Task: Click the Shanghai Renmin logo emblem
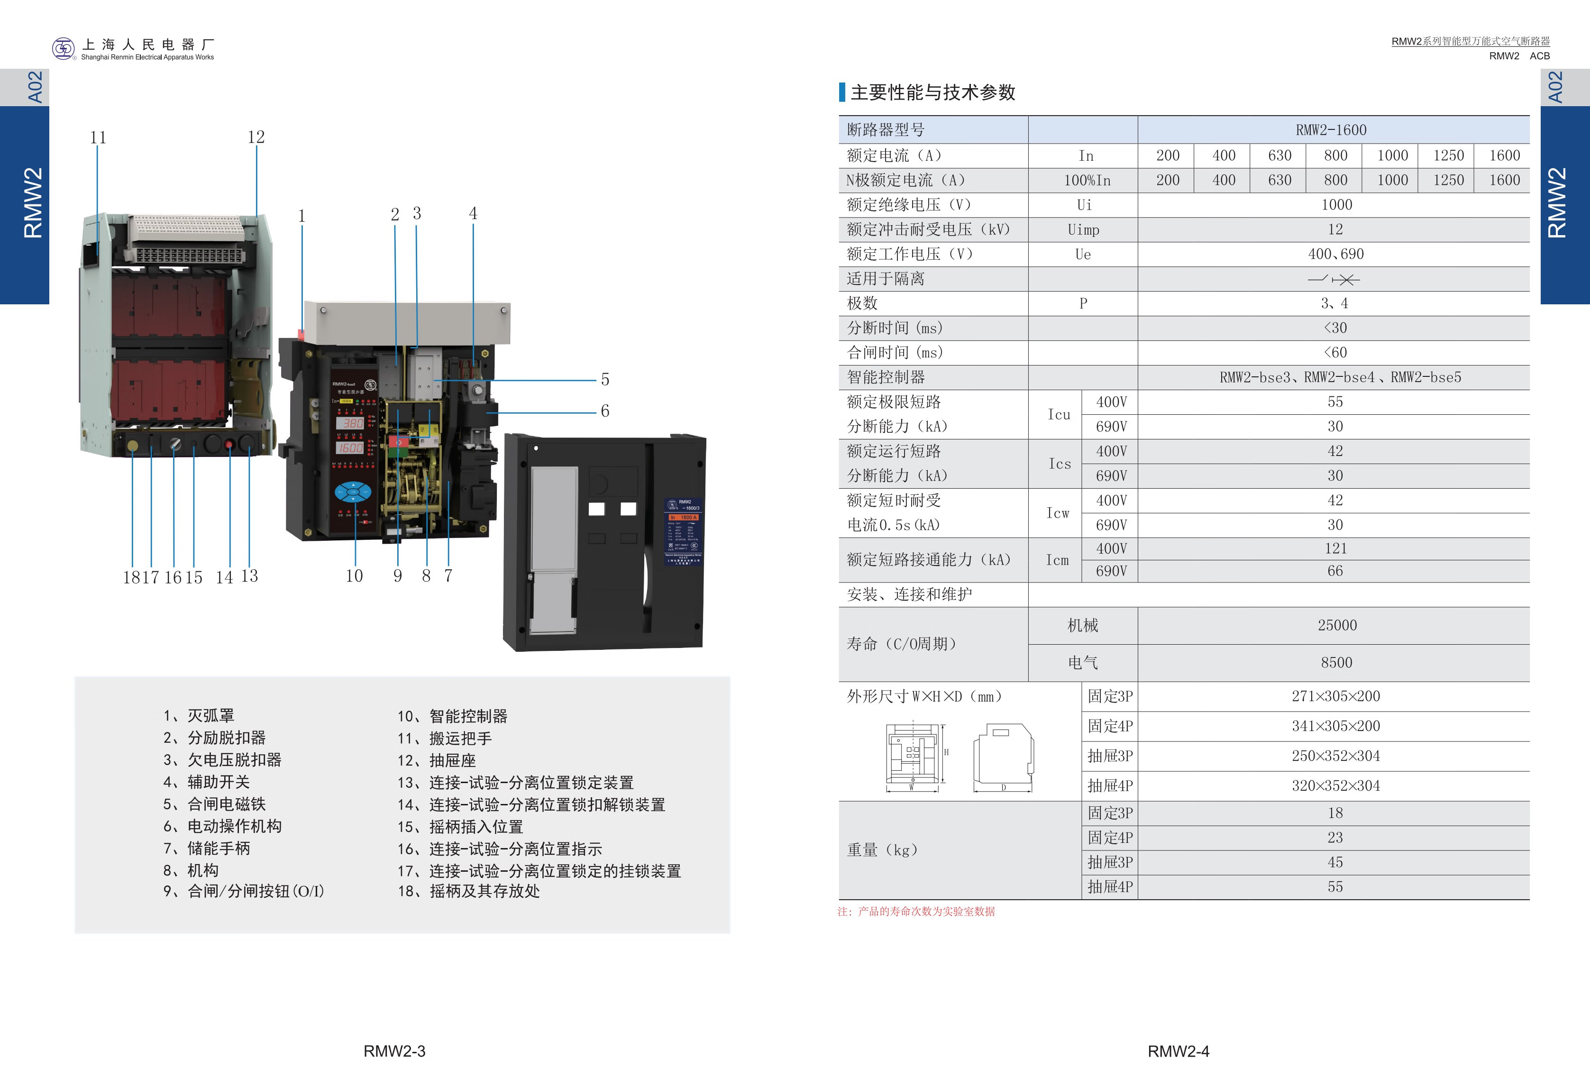63,48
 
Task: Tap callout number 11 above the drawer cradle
98,137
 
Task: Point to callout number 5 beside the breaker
605,380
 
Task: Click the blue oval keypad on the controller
352,492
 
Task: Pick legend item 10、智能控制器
452,716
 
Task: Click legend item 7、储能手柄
207,849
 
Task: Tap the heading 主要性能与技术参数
932,92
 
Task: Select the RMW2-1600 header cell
1331,130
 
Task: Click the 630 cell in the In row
1279,155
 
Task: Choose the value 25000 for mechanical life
1337,625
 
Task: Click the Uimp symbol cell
1083,230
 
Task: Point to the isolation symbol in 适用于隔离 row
1334,279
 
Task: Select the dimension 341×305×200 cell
1335,726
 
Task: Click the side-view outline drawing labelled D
1003,756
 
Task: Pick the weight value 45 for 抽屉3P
1335,862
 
